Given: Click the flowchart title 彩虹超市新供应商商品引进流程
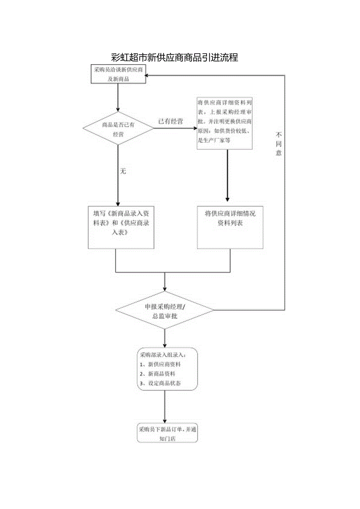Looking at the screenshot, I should click(175, 58).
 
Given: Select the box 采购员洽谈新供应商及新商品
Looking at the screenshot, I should click(119, 74).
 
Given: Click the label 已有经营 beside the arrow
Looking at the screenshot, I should click(171, 121).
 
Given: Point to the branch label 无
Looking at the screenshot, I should click(123, 171).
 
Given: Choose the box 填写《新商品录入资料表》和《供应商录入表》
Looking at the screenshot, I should click(121, 227).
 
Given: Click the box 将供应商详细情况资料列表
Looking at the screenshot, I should click(230, 227).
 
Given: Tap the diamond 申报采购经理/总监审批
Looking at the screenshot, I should click(165, 310).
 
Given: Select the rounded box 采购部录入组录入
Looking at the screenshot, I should click(167, 368).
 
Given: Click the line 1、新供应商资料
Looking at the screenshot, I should click(160, 364).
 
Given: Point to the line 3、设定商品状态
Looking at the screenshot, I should click(160, 383).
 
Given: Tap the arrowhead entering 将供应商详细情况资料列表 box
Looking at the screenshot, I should click(227, 199).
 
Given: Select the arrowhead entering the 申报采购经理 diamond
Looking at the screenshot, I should click(165, 288).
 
